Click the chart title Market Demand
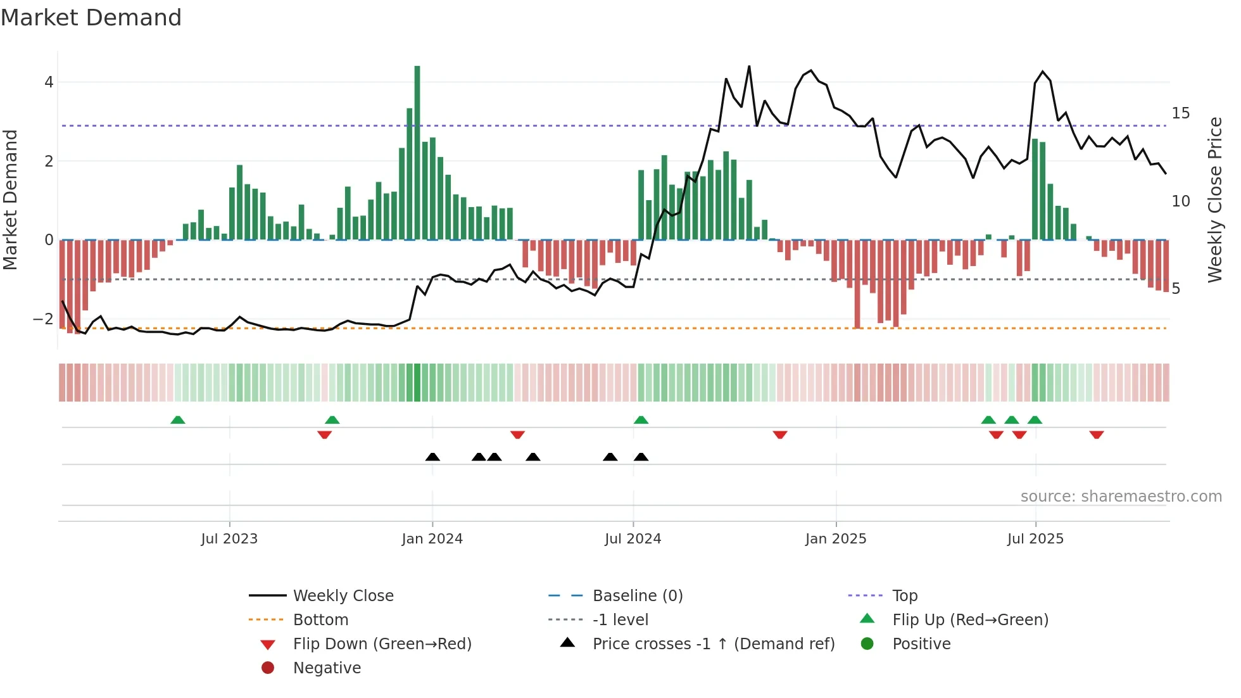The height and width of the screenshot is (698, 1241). tap(91, 18)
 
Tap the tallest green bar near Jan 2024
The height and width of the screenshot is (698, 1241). tap(417, 152)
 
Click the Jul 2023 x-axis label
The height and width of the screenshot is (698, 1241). tap(229, 539)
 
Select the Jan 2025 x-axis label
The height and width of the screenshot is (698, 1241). tap(836, 539)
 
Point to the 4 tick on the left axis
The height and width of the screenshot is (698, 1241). tap(49, 82)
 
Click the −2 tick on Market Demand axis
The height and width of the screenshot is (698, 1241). tap(43, 319)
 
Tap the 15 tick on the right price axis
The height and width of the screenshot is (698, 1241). tap(1181, 113)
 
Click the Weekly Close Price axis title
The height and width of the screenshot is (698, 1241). tap(1214, 200)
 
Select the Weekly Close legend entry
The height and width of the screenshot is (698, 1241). tap(343, 596)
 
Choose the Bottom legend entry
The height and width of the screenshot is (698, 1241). tap(320, 620)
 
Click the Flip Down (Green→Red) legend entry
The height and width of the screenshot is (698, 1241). tap(382, 644)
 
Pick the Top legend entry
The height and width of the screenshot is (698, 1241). tap(905, 596)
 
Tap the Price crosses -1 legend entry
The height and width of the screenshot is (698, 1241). tap(713, 644)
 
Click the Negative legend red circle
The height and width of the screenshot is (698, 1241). tap(268, 668)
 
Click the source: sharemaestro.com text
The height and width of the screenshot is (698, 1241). tap(1121, 497)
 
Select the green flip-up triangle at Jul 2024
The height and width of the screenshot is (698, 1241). tap(641, 420)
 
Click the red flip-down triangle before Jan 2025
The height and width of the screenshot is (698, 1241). tap(780, 435)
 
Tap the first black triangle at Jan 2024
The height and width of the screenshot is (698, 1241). tap(432, 457)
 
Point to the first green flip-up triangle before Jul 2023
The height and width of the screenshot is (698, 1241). tap(178, 420)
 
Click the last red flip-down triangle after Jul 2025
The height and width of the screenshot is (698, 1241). tap(1097, 435)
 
